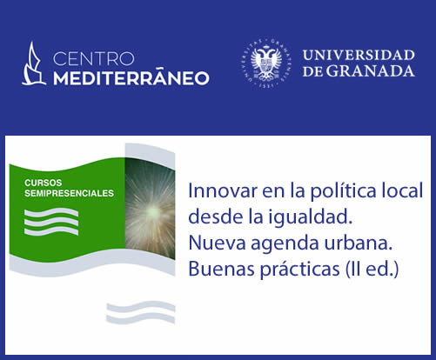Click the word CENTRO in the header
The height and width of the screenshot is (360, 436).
94,59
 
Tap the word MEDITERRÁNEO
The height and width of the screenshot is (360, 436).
131,77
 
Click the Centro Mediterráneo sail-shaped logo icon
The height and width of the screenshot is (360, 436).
34,63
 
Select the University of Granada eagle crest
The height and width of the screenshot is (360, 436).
267,63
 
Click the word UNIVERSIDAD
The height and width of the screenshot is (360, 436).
359,56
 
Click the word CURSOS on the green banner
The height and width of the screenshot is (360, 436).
44,183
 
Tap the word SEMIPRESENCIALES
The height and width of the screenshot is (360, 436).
69,193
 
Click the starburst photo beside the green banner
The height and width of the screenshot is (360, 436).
150,209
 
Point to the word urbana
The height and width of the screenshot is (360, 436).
359,243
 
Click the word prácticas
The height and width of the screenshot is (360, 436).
299,270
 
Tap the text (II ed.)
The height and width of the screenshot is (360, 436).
372,270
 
